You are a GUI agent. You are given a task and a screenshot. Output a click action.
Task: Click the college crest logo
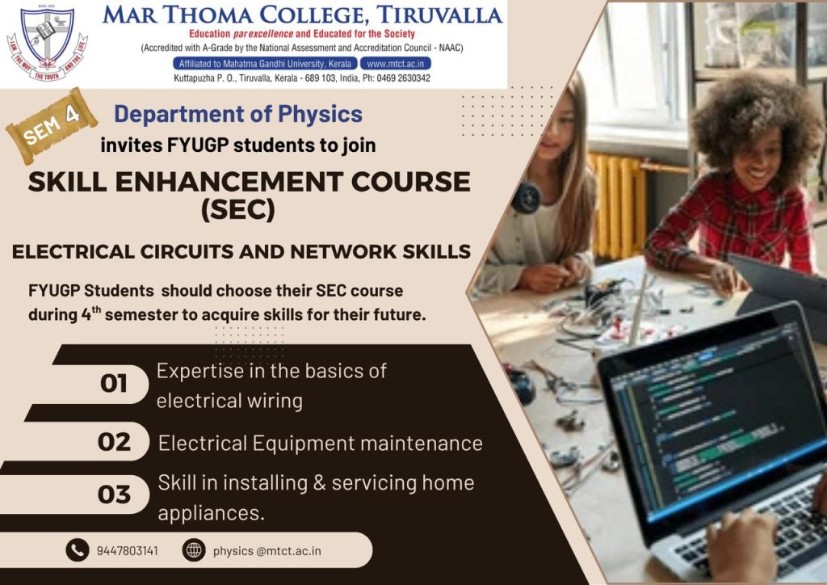(47, 44)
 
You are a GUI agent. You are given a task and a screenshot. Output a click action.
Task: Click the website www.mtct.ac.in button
(395, 63)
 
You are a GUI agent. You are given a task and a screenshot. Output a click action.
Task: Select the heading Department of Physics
(237, 114)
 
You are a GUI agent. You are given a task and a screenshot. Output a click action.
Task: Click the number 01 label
(114, 384)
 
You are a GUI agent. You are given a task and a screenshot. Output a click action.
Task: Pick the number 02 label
(114, 442)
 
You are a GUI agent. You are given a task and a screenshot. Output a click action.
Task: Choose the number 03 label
(114, 494)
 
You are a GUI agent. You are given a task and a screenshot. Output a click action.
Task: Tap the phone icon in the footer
(77, 551)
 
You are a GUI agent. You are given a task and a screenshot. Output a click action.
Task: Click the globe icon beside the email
(194, 551)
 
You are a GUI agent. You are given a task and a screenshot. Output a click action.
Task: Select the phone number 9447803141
(127, 551)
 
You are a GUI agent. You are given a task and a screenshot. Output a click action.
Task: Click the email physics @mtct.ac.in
(267, 551)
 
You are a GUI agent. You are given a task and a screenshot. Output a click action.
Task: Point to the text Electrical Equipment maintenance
(320, 443)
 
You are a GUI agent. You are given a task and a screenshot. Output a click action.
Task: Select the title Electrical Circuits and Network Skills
(241, 251)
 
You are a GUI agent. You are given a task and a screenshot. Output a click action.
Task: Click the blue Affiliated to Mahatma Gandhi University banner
(264, 63)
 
